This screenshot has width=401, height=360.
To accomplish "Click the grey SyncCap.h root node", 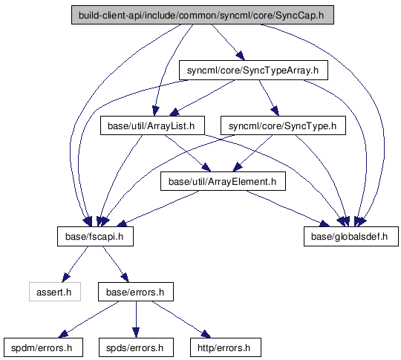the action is coord(203,15).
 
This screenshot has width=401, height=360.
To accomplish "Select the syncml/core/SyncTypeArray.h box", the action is coord(253,70).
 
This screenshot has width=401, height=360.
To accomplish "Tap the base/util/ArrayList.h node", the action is coord(152,125).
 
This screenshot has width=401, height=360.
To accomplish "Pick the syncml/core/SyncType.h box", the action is coord(283,125).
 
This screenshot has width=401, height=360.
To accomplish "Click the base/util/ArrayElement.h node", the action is coord(223,181).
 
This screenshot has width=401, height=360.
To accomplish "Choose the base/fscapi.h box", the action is coord(95,236).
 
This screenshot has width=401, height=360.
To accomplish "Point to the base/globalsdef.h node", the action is coord(351,236).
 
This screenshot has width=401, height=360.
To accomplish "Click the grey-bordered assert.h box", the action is coord(55,292).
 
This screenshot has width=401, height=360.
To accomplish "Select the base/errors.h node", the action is coord(136,292).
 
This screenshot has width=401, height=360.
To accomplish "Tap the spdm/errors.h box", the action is coord(43,347).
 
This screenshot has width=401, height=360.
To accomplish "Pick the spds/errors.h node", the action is coord(136,347).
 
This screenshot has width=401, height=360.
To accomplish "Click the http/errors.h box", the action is coord(226,347).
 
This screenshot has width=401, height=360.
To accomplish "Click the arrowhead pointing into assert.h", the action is coord(66,278).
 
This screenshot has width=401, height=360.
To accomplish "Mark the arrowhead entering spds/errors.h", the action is coord(136,333).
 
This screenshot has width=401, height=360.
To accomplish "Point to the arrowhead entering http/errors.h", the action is coord(206,334).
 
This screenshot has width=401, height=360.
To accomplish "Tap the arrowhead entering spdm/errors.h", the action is coord(63,334).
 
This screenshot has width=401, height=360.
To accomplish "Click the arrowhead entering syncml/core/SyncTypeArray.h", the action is coord(240,56).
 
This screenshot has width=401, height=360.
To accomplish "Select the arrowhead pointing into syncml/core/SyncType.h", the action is coord(276,111).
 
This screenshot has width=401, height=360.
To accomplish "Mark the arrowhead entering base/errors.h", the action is coord(125,278).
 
